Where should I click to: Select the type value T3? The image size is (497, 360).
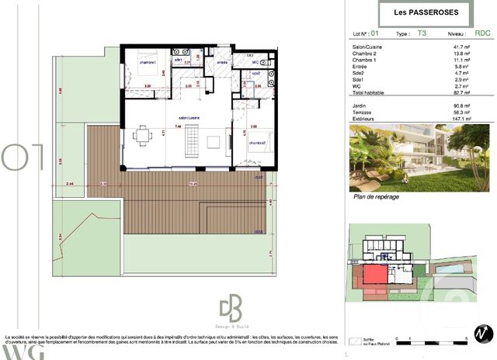[x=422, y=34]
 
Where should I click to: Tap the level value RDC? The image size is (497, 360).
[x=482, y=34]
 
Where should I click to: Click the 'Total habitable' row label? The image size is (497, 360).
[x=368, y=92]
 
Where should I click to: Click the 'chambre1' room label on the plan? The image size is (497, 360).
[x=148, y=62]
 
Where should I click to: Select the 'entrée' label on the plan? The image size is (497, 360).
[x=222, y=62]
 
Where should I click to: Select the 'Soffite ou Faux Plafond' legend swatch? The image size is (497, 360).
[x=357, y=340]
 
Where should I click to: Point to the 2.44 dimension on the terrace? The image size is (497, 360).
[x=69, y=184]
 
